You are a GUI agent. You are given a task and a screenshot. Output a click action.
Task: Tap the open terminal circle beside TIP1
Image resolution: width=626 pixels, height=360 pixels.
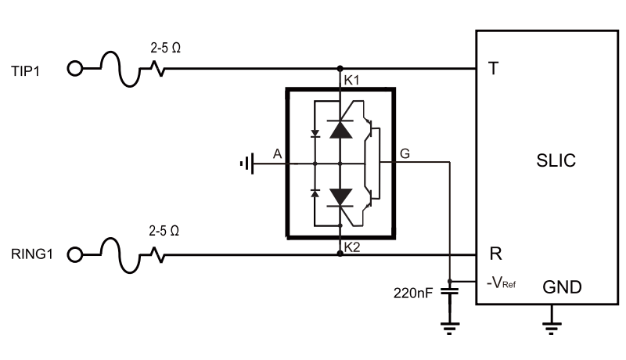coord(75,69)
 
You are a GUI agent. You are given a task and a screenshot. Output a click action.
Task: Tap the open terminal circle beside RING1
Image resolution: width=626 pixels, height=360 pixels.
coord(75,254)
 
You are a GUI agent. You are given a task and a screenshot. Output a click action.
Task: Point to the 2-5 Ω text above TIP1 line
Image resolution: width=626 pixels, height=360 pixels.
coord(165,47)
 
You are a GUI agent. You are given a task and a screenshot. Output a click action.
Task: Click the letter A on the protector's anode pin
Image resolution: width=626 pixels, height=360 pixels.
coord(276,154)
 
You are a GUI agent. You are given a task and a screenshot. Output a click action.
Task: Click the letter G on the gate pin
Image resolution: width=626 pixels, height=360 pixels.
coord(404,154)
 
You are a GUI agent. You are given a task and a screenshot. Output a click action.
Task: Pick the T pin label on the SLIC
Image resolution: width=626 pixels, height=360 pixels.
coord(493,69)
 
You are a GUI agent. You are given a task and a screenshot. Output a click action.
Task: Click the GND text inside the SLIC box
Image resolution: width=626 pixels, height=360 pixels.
coord(562,287)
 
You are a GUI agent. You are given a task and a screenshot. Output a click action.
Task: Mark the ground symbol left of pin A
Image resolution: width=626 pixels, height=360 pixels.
coord(247,164)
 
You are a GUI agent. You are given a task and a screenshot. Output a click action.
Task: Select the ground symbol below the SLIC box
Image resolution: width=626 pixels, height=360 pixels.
coord(552,322)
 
